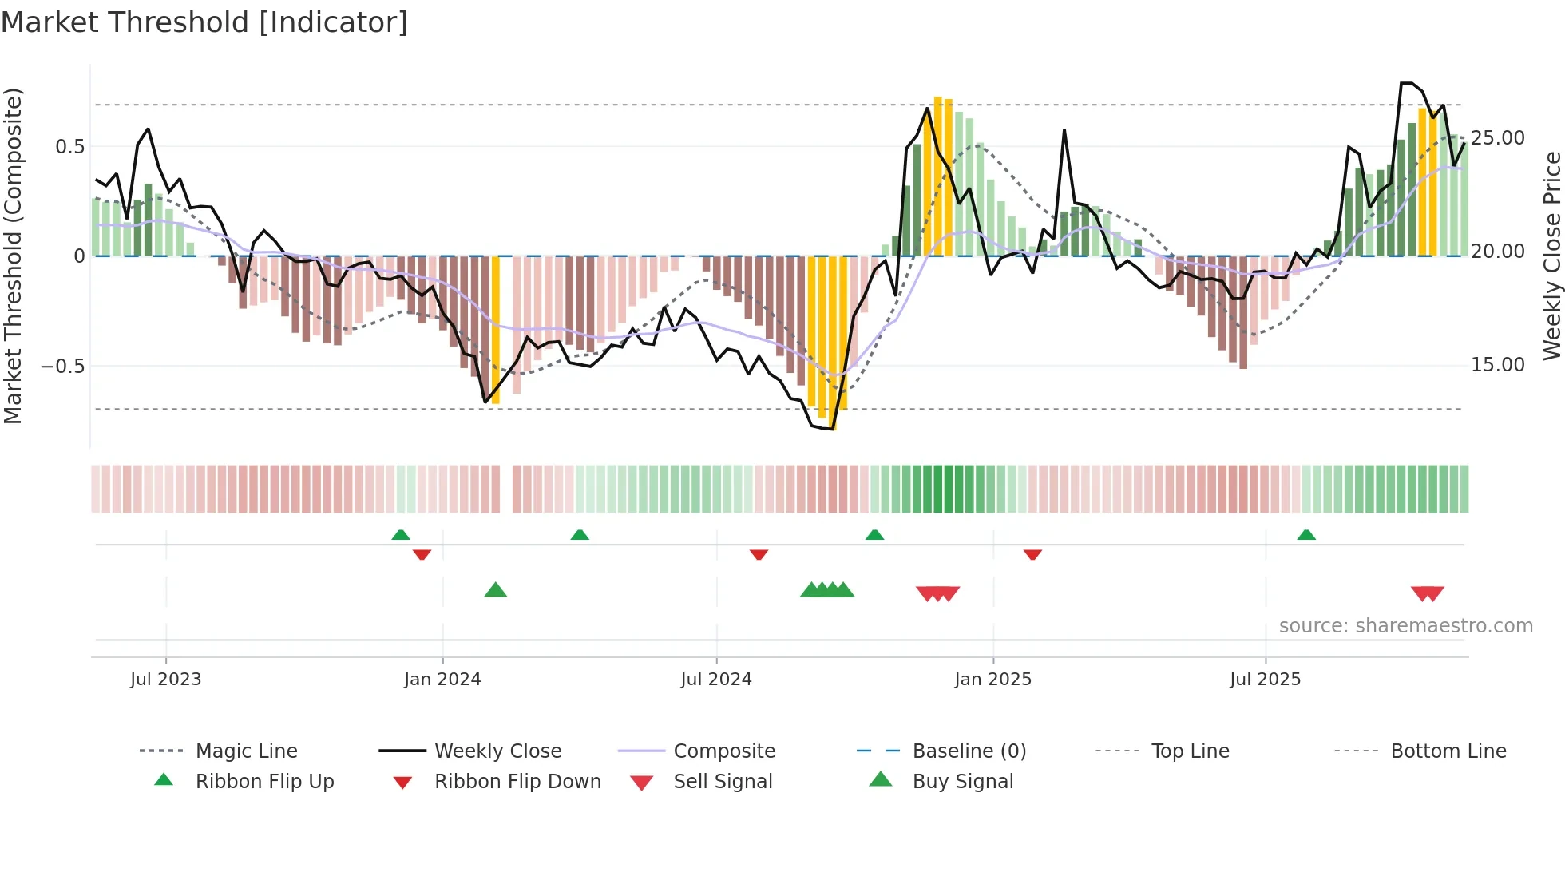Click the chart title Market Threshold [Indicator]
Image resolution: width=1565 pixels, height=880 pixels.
coord(204,22)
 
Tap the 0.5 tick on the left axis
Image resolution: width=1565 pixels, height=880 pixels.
coord(69,147)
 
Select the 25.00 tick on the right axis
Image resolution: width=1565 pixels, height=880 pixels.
coord(1498,138)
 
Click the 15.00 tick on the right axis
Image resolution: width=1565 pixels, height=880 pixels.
coord(1498,365)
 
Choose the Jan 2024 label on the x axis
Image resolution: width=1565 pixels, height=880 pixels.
coord(442,680)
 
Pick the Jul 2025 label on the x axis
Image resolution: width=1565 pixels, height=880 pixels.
coord(1265,680)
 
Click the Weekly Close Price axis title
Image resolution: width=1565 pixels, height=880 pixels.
coord(1551,256)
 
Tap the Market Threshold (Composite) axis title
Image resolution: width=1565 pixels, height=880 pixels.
coord(14,256)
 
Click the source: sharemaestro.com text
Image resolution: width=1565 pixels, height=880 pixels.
coord(1405,626)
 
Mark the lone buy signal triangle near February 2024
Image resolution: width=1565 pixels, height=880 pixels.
coord(496,590)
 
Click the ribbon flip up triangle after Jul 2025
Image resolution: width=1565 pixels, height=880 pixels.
coord(1306,535)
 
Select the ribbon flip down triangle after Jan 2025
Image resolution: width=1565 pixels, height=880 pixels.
coord(1032,553)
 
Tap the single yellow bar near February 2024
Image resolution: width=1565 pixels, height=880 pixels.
coord(495,329)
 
